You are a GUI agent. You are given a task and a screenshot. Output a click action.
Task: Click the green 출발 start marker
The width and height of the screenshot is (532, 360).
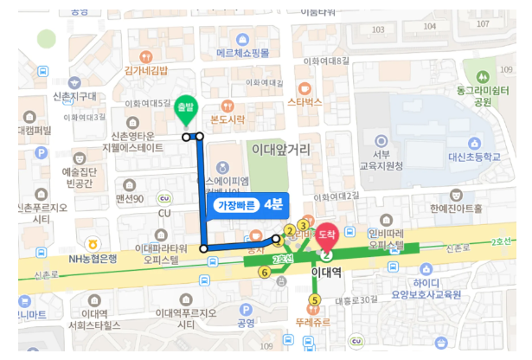[x=184, y=108]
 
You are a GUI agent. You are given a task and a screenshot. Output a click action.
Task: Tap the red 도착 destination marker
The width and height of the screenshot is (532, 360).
[x=327, y=234]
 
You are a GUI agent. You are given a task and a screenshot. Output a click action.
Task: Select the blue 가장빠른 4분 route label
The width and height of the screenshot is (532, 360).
[x=245, y=205]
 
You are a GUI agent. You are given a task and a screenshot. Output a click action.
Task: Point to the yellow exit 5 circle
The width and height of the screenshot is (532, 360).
[x=314, y=300]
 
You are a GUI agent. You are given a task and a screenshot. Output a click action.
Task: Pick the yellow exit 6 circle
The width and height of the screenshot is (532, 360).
[x=265, y=272]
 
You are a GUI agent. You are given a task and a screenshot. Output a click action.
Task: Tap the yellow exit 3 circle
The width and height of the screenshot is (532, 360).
[x=303, y=226]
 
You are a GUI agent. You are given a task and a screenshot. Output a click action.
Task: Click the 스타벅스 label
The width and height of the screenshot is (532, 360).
[x=304, y=101]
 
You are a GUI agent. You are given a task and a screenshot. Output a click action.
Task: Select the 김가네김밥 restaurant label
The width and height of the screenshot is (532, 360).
[x=145, y=69]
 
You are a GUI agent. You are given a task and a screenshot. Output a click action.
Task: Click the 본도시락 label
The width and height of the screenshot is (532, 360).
[x=228, y=119]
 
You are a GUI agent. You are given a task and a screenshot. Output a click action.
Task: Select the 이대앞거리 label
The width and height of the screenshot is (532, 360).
[x=280, y=150]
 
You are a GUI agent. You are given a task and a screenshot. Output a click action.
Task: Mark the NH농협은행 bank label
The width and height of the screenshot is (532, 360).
[x=93, y=259]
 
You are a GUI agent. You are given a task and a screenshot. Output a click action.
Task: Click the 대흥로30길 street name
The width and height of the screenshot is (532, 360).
[x=356, y=299]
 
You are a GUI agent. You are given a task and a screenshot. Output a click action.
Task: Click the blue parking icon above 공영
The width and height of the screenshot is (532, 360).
[x=246, y=309]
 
